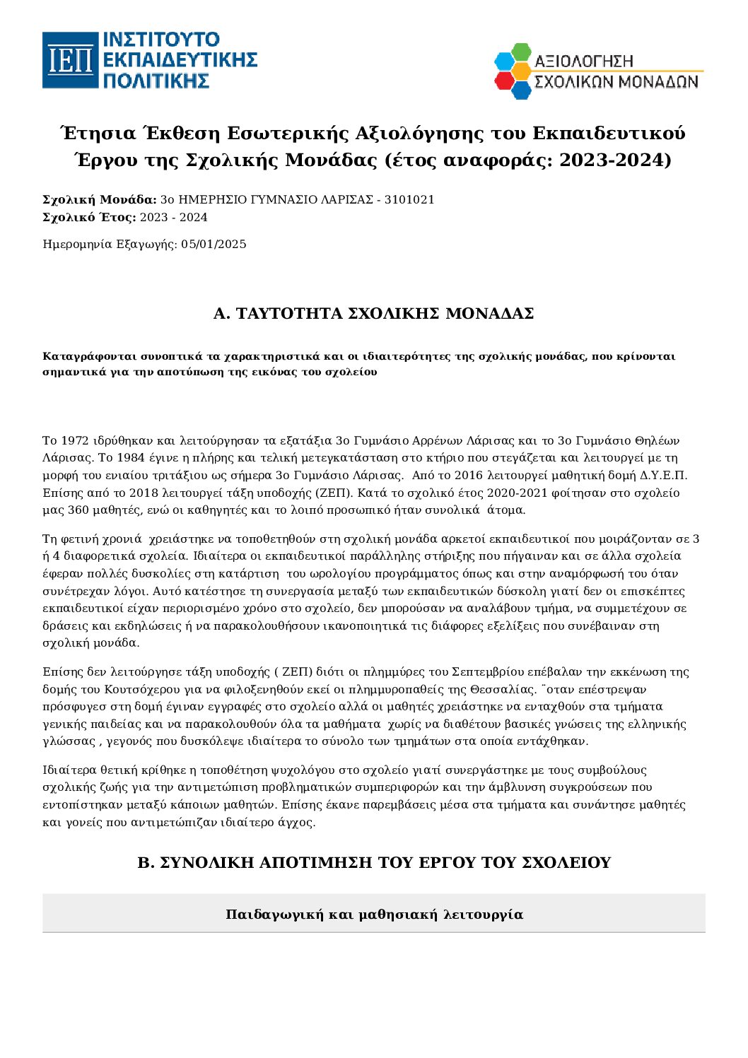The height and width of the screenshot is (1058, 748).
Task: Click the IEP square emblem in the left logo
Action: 70,60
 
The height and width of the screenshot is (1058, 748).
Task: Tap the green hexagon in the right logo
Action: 521,52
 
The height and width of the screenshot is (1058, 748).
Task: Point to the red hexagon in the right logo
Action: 504,81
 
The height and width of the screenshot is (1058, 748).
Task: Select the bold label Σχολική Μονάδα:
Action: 100,200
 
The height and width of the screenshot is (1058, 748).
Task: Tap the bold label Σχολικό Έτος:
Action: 89,218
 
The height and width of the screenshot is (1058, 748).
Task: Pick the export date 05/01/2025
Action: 214,245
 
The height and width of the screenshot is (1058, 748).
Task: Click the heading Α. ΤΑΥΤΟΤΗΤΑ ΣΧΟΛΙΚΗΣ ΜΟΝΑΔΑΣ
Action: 373,314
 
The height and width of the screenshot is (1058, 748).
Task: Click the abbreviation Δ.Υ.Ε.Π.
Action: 664,475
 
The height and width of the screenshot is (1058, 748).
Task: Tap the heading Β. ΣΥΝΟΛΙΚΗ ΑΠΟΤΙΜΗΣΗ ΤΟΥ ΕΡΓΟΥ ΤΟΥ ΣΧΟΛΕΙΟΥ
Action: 373,863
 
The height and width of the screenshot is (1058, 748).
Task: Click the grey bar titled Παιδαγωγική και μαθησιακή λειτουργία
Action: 373,915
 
